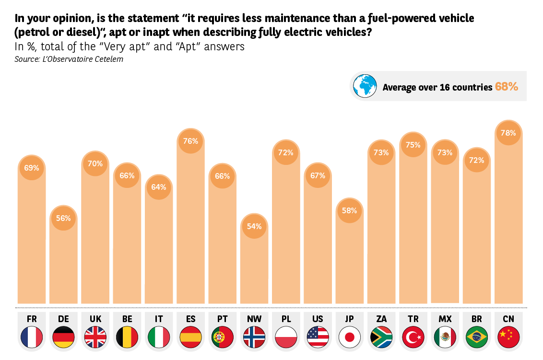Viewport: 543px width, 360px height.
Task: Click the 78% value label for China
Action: [508, 133]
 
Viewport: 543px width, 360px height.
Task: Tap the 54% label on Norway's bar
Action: [254, 226]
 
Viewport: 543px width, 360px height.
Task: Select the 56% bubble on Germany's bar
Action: [63, 218]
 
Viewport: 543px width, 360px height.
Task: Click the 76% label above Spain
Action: [190, 141]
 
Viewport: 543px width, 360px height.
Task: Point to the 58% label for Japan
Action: [349, 211]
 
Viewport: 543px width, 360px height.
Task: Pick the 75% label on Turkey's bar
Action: [413, 145]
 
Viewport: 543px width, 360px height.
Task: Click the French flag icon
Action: [32, 337]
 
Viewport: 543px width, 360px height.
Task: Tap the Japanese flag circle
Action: [349, 337]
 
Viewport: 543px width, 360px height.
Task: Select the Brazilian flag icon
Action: [476, 337]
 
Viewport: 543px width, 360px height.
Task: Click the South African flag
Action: [381, 337]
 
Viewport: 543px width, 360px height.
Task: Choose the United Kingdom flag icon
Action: [95, 337]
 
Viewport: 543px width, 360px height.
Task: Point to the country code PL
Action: [286, 319]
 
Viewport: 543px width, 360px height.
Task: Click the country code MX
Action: [445, 319]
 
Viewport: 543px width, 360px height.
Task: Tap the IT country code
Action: [159, 319]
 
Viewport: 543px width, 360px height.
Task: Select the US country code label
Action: [318, 319]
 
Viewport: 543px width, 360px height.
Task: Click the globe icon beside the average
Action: [365, 86]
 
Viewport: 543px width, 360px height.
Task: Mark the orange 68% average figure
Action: [507, 87]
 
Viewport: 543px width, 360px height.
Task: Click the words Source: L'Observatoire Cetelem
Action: [69, 59]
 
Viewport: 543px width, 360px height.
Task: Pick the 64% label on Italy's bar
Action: [159, 187]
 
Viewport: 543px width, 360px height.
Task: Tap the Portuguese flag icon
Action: [222, 337]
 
